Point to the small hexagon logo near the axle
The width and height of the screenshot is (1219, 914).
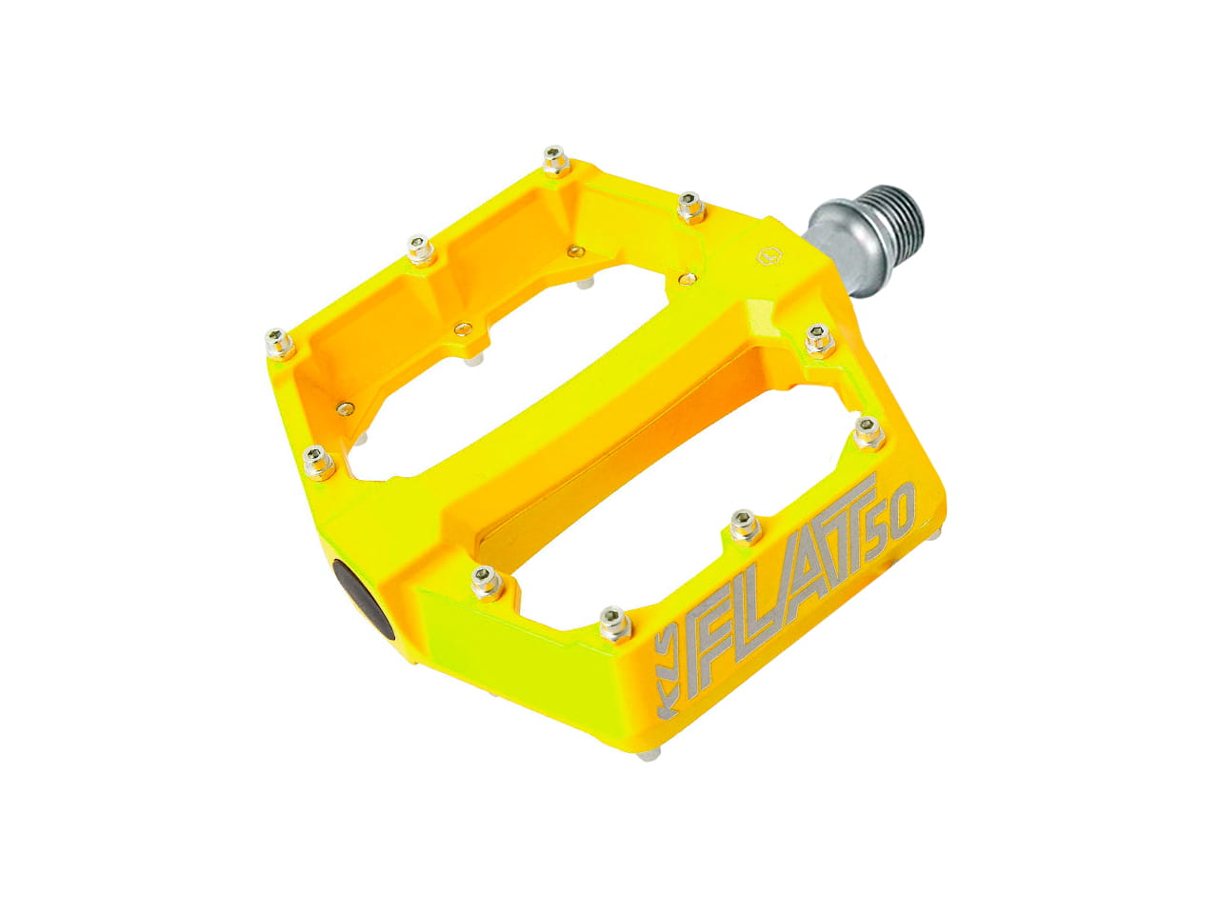click(769, 257)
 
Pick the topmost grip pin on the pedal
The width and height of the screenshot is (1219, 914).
click(555, 160)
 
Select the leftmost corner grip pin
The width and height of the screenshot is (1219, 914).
click(279, 344)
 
